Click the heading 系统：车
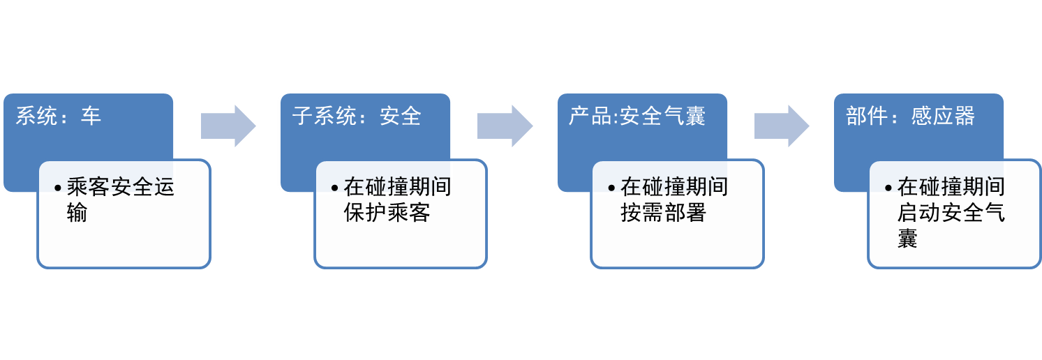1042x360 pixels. [59, 116]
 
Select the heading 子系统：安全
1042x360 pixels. [357, 116]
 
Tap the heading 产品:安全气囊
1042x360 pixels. [637, 116]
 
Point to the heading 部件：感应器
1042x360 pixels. [910, 116]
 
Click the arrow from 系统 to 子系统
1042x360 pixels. [228, 126]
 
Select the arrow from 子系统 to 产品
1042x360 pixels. [505, 126]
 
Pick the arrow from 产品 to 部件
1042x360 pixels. [782, 126]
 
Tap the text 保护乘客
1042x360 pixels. [387, 213]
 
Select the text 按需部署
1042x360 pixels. [664, 213]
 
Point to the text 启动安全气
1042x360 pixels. [951, 213]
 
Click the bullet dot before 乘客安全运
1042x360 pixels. [58, 188]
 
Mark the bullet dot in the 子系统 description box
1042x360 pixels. [334, 188]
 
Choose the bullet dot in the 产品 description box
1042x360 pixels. [611, 188]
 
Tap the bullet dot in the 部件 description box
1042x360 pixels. [888, 188]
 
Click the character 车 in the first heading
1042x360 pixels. [91, 116]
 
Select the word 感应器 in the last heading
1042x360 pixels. [943, 116]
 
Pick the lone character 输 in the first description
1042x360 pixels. [77, 213]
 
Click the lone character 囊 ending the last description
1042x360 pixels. [907, 239]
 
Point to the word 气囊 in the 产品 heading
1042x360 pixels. [685, 116]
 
